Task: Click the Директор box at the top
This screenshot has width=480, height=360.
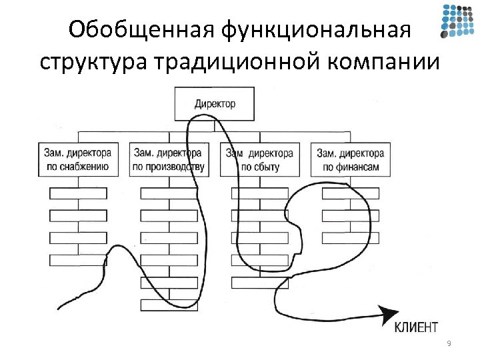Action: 215,104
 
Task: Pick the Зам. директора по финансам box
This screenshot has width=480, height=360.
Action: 350,159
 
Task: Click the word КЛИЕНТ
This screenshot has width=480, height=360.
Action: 416,326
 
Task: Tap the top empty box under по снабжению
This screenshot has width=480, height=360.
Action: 79,193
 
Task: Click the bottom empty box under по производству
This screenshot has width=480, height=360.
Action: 169,305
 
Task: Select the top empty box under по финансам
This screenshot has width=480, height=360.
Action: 350,193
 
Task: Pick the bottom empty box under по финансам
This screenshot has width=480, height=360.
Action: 350,238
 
